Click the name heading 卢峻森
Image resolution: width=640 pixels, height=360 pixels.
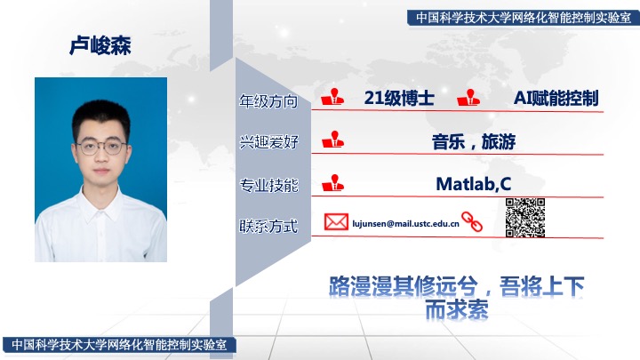click(100, 45)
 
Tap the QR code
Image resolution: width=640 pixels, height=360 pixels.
click(525, 218)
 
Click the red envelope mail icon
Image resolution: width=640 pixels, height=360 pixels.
click(336, 222)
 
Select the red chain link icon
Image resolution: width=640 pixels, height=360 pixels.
click(472, 221)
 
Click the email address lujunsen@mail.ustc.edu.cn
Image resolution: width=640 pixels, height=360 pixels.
click(405, 224)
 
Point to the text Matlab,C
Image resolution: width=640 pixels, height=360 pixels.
click(474, 184)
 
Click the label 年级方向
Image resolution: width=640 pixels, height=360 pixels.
click(268, 101)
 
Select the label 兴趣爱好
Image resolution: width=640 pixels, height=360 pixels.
click(268, 142)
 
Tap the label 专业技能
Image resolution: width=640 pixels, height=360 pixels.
click(268, 185)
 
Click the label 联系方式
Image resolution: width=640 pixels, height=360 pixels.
click(268, 226)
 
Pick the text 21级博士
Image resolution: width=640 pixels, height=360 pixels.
click(399, 98)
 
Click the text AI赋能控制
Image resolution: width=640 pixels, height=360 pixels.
click(556, 98)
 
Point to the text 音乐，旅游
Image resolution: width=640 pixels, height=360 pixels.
click(474, 141)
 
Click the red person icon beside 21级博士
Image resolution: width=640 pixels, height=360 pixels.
click(332, 97)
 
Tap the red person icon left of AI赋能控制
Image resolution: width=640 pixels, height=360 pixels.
click(468, 98)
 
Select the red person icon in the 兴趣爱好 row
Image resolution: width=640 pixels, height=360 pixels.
click(332, 140)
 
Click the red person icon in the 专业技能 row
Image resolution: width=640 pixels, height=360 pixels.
click(332, 183)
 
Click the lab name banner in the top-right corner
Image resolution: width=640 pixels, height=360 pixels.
click(524, 18)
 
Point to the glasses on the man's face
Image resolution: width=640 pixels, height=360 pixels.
click(101, 147)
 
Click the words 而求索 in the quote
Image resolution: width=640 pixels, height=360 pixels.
click(457, 309)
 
